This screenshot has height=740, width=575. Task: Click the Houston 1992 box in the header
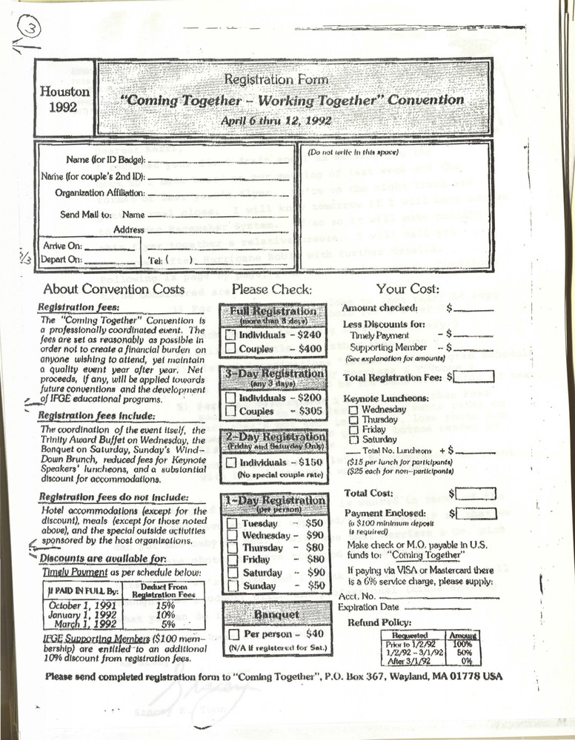coord(64,99)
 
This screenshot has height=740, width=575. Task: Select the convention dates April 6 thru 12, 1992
coord(276,120)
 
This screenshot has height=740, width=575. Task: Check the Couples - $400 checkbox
coord(231,348)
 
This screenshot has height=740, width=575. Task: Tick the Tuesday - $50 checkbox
coord(232,523)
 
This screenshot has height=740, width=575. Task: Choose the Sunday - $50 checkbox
coord(232,585)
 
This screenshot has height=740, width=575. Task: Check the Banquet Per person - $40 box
coord(233,634)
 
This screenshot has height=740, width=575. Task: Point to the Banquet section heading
coord(275,613)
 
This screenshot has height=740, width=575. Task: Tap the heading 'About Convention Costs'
coord(113,289)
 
